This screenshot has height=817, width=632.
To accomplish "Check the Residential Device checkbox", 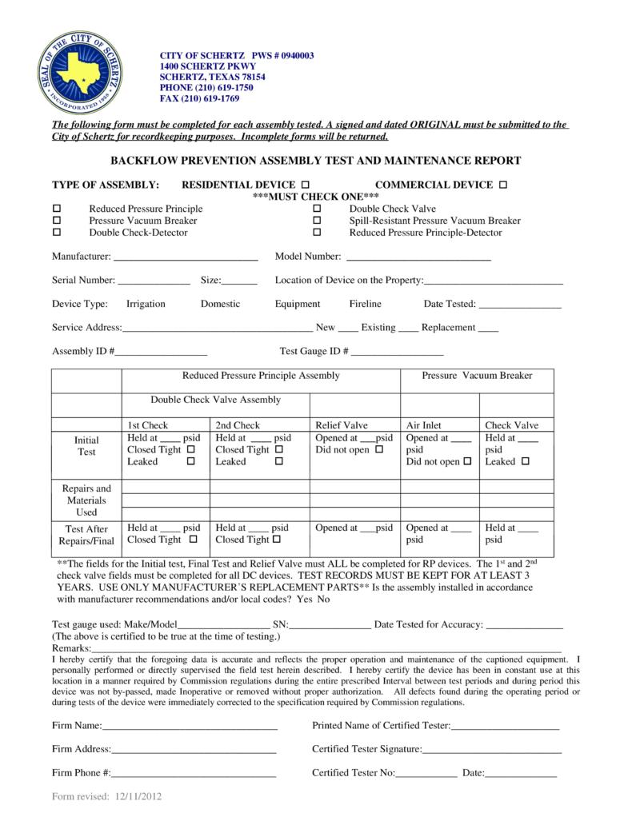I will point(306,185).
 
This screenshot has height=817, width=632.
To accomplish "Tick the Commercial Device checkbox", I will point(502,185).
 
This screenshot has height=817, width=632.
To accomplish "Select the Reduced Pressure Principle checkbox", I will point(57,209).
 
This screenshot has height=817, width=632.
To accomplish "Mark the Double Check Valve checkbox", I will point(317,209).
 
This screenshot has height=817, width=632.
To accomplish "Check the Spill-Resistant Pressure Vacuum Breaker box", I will point(317,221).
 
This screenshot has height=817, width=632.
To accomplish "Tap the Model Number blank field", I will point(417,257).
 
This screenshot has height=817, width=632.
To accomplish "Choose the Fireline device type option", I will point(365,304).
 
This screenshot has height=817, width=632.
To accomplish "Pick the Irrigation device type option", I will point(146,304).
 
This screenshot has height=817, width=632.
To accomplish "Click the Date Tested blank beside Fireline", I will point(519,305).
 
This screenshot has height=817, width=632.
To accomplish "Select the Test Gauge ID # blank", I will point(397,352).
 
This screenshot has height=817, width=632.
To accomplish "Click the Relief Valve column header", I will point(342,425).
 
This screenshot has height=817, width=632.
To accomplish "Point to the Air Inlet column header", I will point(424,425).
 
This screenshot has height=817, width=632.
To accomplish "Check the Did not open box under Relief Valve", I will point(379,450).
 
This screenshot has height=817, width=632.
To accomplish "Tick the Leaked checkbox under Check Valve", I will point(526,462).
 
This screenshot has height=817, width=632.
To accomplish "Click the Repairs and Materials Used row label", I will point(86,500).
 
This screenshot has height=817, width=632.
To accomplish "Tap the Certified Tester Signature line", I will point(491,750).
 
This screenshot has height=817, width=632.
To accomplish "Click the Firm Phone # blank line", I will point(194,774).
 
